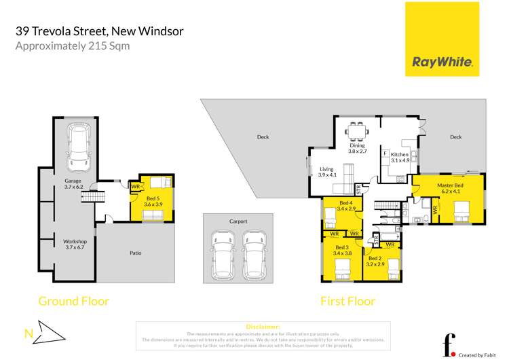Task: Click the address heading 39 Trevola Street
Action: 99,31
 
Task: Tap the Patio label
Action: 136,253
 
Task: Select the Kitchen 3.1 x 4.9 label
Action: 400,158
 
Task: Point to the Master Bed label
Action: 450,188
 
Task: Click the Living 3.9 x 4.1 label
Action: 328,172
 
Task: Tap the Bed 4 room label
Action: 346,206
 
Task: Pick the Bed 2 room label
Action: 376,262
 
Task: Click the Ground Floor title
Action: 73,301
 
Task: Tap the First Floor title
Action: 347,301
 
